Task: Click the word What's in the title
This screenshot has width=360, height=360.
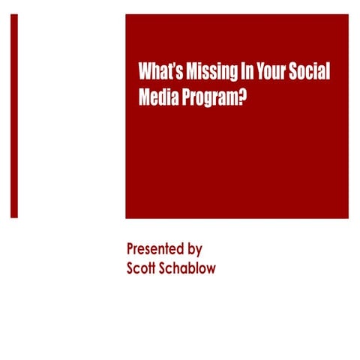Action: coord(157,73)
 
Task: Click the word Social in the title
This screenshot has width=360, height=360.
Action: coord(310,73)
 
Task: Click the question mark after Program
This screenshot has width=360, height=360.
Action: coord(243,97)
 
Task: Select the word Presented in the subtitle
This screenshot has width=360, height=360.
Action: coord(155,249)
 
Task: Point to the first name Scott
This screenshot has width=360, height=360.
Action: coord(143,268)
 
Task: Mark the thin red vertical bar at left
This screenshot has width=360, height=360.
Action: coord(13,115)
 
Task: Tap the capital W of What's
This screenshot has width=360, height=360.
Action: coord(145,73)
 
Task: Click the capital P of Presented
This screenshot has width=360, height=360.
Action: coord(131,249)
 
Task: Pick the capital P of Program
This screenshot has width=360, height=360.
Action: coord(185,97)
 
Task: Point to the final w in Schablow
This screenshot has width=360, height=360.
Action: coord(210,268)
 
